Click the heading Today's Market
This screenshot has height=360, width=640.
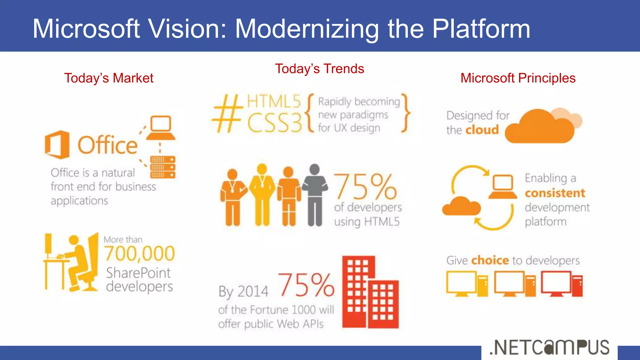point(109,78)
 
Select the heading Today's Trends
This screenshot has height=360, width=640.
point(319,69)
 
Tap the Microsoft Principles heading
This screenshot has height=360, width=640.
point(518,78)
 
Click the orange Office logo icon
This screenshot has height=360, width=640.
point(57,144)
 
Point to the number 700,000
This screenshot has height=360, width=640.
point(139,253)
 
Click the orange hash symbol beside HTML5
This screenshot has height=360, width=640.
point(227,114)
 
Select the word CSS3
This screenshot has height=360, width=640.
point(275,123)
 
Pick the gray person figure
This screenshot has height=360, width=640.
point(315,194)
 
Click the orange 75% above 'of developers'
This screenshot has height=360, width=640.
point(365,187)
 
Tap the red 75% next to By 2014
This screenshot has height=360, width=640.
point(306,285)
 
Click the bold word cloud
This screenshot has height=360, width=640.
point(482,130)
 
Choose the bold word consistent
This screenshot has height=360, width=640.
point(555,193)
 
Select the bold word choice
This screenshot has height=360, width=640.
point(490,260)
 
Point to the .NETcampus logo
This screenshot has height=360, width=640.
point(549,347)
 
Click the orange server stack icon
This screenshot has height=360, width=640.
point(162,167)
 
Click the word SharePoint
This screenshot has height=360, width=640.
point(138,273)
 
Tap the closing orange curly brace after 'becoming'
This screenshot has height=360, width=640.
point(406,113)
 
